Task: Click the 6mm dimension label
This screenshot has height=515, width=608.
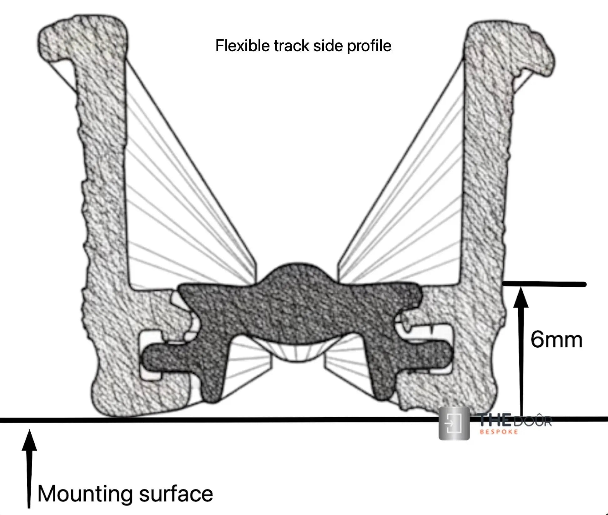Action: (556, 340)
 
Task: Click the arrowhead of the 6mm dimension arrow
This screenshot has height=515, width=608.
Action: (521, 298)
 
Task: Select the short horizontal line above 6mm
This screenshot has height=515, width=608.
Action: (544, 284)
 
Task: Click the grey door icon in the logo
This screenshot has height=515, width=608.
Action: (454, 423)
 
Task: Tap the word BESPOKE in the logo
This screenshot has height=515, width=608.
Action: (499, 432)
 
